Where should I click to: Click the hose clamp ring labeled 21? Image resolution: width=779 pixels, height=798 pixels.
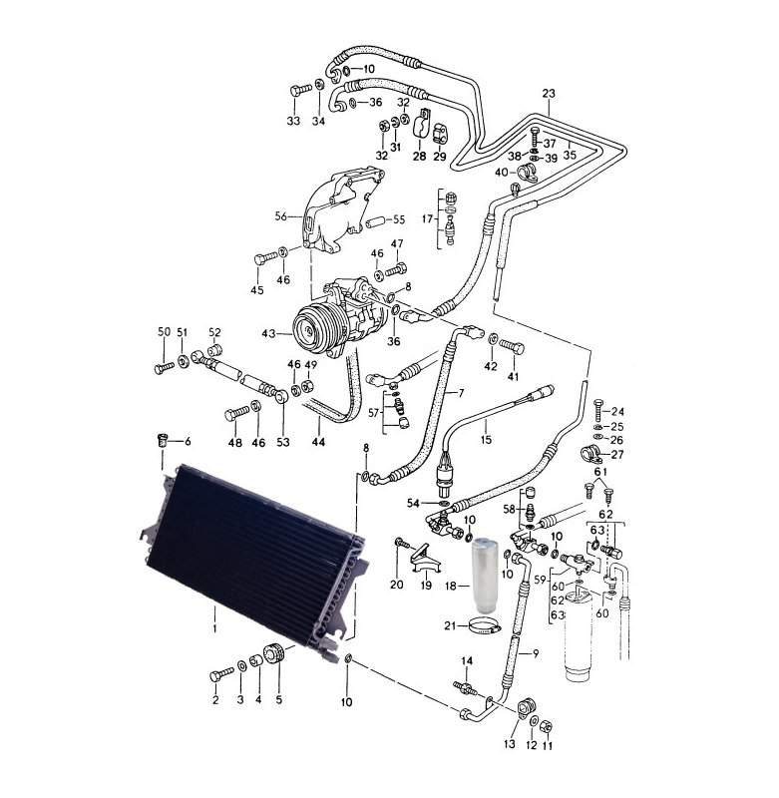485,626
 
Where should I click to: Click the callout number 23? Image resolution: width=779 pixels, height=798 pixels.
549,94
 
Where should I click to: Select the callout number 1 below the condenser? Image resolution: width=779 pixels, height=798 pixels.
214,629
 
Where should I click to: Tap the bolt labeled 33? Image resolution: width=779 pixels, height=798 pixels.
300,90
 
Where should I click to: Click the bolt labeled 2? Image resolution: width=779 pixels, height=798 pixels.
221,675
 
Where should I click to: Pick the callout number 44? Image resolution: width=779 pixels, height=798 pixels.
318,442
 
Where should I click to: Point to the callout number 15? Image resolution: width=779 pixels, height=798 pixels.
486,439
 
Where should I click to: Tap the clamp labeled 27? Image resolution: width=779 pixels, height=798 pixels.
591,454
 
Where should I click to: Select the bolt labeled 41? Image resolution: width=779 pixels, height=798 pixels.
512,346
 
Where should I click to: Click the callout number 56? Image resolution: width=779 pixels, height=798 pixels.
281,216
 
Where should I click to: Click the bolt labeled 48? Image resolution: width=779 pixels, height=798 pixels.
236,413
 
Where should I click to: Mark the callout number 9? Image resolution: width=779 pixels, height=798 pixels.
536,653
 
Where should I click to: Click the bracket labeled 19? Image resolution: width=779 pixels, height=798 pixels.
425,559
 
